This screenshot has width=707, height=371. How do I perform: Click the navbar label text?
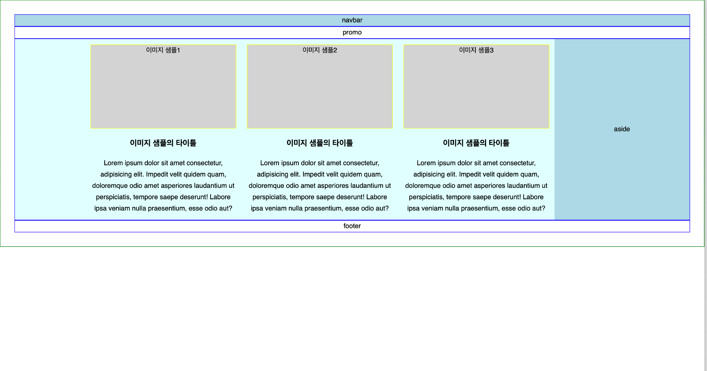[x=352, y=20]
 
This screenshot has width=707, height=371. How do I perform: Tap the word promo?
[x=352, y=33]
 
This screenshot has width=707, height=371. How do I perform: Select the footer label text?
[x=352, y=226]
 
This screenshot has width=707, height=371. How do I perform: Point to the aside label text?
[x=622, y=129]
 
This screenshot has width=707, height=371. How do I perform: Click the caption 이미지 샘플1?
[x=163, y=50]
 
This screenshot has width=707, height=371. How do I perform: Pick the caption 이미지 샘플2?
[x=319, y=50]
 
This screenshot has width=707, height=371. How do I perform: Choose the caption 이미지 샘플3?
[x=476, y=50]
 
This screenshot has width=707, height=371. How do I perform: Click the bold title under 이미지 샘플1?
[x=163, y=143]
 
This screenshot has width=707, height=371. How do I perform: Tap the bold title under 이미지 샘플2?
[x=319, y=143]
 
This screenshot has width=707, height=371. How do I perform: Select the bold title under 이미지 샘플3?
[x=476, y=143]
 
